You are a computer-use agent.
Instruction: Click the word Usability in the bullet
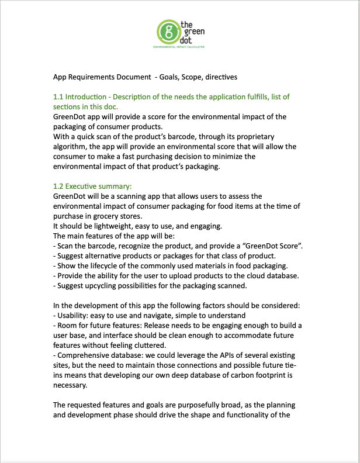pos(72,315)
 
